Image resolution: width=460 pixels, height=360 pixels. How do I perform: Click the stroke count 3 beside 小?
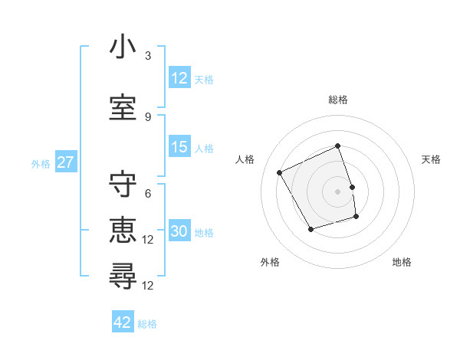[x=148, y=57]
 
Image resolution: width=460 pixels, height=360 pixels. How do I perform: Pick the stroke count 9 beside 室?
[x=148, y=116]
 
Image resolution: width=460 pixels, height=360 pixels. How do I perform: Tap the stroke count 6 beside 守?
[x=148, y=194]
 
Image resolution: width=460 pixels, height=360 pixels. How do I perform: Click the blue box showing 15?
[x=179, y=148]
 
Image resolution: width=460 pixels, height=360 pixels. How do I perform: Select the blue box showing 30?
[x=179, y=232]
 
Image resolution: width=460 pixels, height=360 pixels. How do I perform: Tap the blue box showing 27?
[x=66, y=163]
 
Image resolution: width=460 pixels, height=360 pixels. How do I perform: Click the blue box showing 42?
[x=123, y=323]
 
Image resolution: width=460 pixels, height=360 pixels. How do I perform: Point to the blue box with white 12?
[x=179, y=78]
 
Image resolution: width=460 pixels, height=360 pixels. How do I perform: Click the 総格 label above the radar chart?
[x=338, y=100]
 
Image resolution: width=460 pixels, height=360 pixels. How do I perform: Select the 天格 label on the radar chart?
[x=431, y=159]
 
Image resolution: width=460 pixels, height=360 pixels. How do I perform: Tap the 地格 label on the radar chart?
[x=402, y=262]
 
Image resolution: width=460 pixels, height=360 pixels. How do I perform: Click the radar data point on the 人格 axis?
[x=280, y=172]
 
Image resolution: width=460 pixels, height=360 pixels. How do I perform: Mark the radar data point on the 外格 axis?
[x=310, y=229]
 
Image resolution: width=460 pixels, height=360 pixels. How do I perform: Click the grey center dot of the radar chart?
[x=338, y=191]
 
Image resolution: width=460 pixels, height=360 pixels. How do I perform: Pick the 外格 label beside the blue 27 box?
[x=41, y=164]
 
